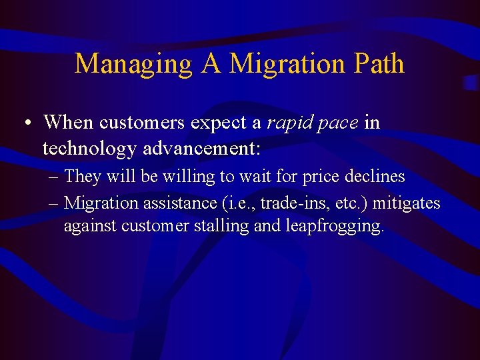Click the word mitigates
tap(406, 202)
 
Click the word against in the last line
tap(91, 227)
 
